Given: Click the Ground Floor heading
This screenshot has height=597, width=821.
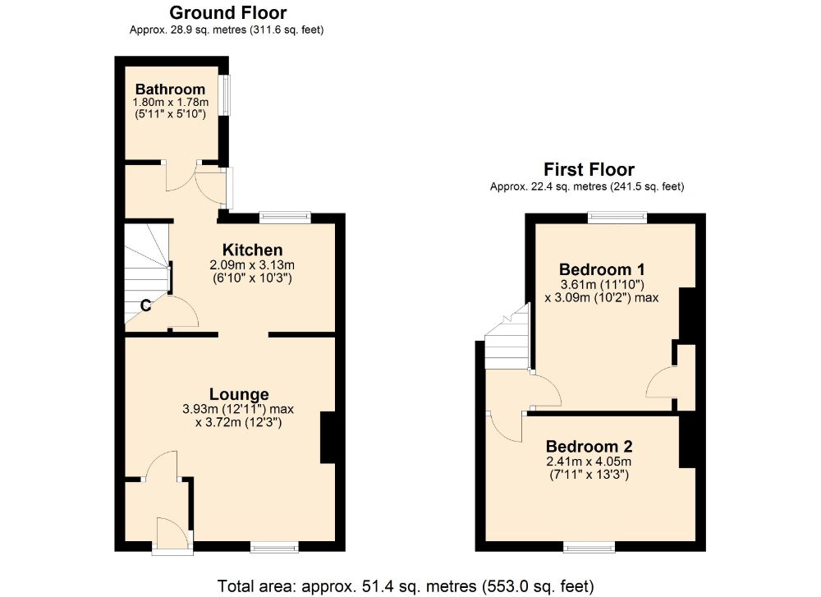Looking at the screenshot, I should point(227,12).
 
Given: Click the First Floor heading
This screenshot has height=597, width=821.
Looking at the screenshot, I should point(589,170).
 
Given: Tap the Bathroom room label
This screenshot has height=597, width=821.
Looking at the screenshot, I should point(170,89).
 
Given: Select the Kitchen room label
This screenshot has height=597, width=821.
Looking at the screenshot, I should point(252,250).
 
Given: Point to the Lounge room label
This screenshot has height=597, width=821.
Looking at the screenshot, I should point(238,394).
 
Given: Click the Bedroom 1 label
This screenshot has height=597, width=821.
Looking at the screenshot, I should point(601,269).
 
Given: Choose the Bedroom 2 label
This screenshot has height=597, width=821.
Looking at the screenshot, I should point(589,447).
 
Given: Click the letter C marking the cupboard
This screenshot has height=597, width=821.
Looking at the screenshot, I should point(144,306).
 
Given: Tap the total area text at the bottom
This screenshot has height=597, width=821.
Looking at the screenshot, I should point(405,586).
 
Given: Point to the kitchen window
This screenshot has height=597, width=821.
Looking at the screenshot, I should point(285,218).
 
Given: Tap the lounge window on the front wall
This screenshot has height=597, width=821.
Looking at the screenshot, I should point(274,547).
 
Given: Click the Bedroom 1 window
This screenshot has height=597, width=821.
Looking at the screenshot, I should point(617,218).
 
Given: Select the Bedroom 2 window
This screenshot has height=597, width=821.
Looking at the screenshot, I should point(589,547).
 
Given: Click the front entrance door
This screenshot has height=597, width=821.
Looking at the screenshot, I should point(172,534).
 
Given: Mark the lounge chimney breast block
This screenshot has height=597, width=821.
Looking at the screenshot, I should point(328,438).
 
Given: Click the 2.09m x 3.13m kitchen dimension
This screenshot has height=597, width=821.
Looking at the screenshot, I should point(252,265).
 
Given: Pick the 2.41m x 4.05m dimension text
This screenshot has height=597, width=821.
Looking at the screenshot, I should point(589,462).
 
